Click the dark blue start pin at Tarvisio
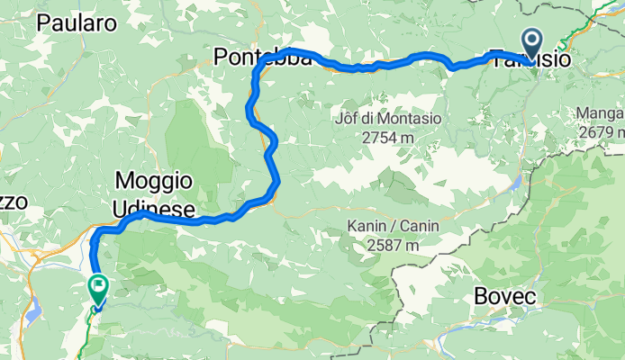tap(531, 41)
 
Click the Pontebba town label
tap(261, 58)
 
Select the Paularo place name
tap(77, 24)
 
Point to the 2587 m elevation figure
tap(385, 244)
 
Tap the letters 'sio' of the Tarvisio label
tap(554, 59)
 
